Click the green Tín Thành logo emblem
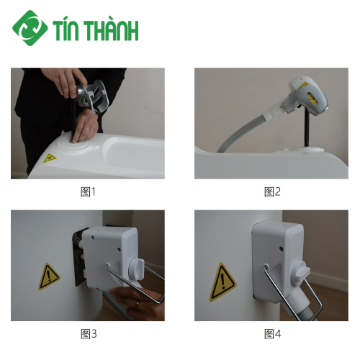(30, 28)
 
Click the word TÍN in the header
(70, 30)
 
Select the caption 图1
(88, 192)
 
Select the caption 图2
(271, 192)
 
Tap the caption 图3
(88, 333)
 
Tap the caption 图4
(271, 333)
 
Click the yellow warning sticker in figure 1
(49, 158)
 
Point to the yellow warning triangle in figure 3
(49, 276)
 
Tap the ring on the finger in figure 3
(137, 304)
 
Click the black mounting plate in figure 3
(77, 259)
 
